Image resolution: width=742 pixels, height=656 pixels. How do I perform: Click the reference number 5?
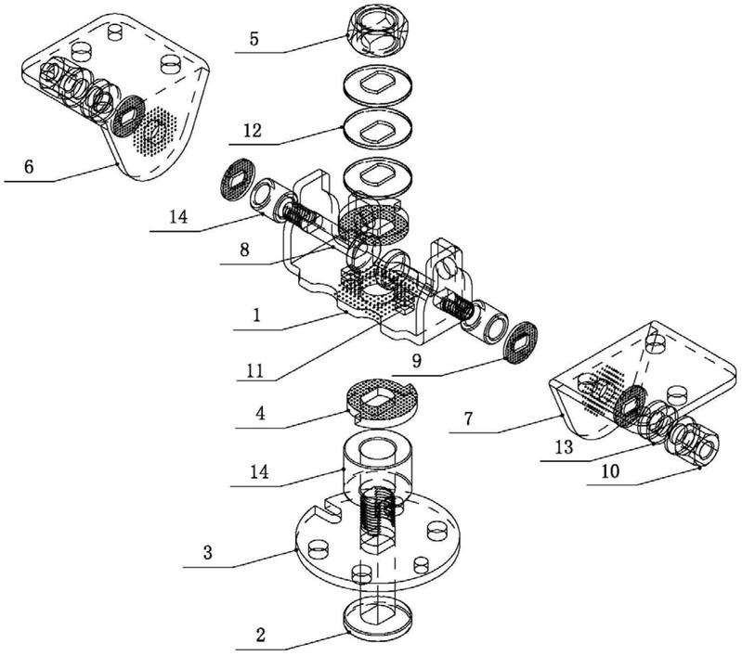pyautogui.click(x=254, y=39)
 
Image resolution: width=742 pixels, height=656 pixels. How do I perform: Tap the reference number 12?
pyautogui.click(x=253, y=130)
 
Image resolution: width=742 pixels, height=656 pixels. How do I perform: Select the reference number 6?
pyautogui.click(x=29, y=166)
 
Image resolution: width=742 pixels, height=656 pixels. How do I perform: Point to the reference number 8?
pyautogui.click(x=244, y=250)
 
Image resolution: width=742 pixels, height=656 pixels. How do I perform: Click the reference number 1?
pyautogui.click(x=256, y=315)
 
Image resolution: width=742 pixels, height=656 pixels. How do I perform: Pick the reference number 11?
pyautogui.click(x=255, y=370)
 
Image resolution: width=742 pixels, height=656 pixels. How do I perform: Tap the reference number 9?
pyautogui.click(x=416, y=361)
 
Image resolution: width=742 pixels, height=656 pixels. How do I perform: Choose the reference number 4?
pyautogui.click(x=260, y=414)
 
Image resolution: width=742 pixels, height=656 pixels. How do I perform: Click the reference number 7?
pyautogui.click(x=468, y=418)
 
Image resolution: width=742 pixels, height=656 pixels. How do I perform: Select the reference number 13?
pyautogui.click(x=564, y=447)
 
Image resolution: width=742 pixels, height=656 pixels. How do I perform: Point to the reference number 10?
pyautogui.click(x=609, y=471)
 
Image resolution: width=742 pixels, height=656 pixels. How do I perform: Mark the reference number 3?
pyautogui.click(x=208, y=552)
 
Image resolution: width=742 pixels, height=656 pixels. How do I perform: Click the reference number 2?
pyautogui.click(x=261, y=636)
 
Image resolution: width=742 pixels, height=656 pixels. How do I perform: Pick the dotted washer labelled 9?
pyautogui.click(x=520, y=343)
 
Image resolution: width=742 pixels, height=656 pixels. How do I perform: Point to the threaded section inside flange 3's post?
pyautogui.click(x=377, y=516)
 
